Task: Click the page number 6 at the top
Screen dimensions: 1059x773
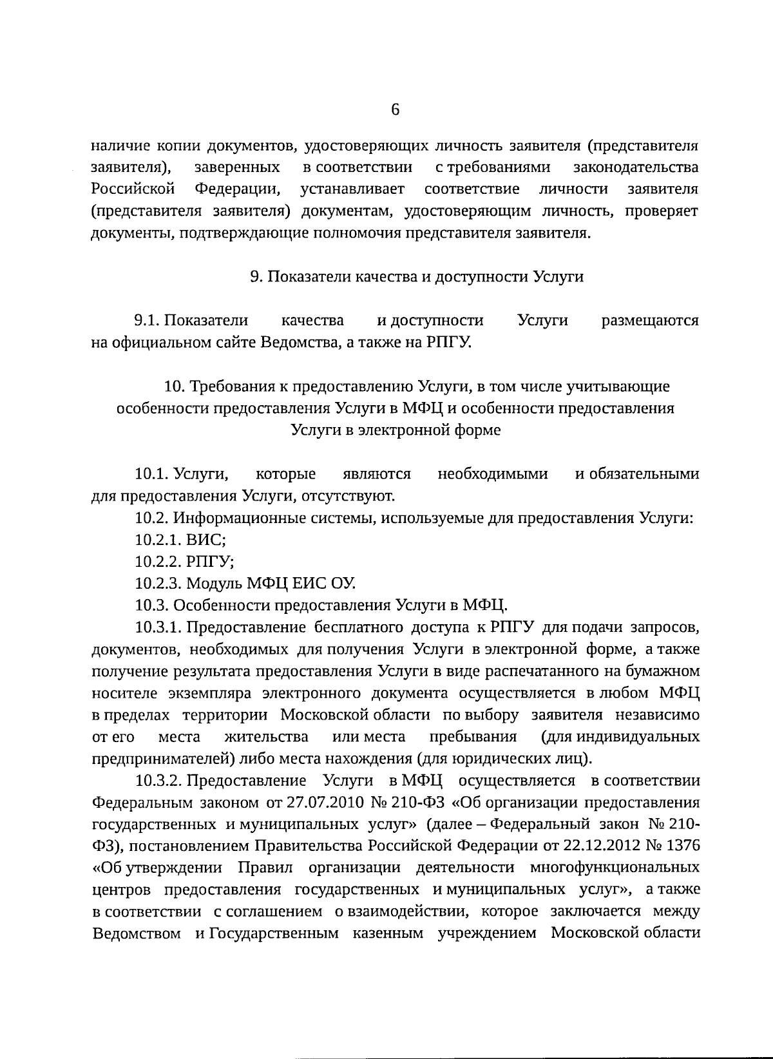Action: click(396, 110)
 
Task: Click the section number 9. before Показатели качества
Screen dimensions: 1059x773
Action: click(255, 277)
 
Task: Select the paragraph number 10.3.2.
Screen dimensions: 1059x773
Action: click(158, 781)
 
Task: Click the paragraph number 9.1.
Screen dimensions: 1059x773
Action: click(147, 321)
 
